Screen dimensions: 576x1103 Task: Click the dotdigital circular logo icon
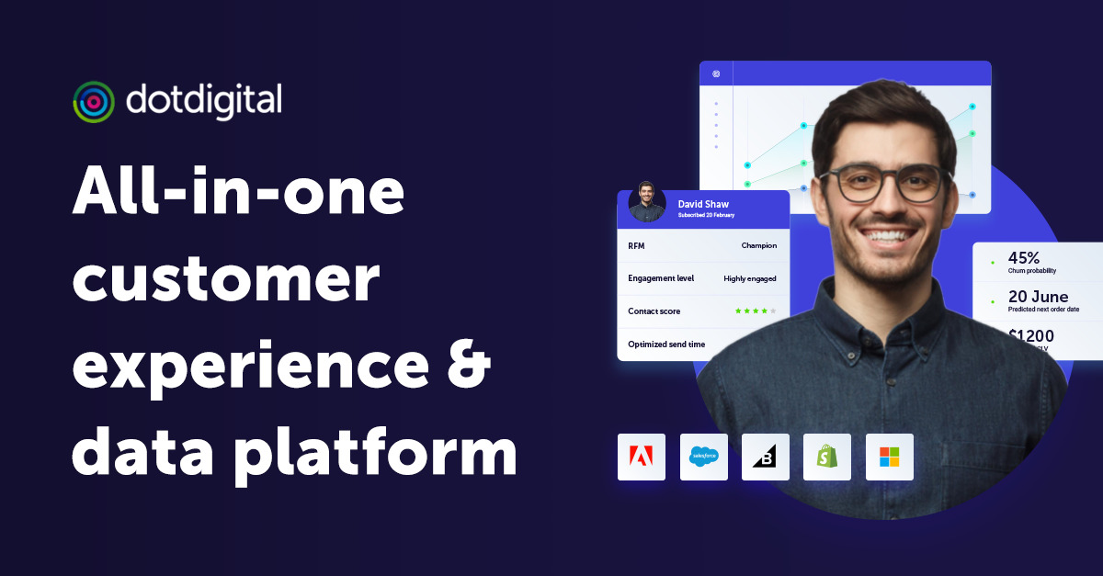[x=94, y=101]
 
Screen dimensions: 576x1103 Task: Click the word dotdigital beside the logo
[x=204, y=99]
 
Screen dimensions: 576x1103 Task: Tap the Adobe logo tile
[x=642, y=457]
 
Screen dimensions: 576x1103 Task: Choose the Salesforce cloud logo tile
[x=704, y=457]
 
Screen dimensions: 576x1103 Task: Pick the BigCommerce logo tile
[x=766, y=457]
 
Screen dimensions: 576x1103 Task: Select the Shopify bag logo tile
[x=827, y=457]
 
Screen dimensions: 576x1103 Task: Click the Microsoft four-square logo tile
[x=890, y=457]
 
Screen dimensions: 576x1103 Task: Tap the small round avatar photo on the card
[x=647, y=203]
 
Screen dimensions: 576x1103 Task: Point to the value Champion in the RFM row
[x=759, y=245]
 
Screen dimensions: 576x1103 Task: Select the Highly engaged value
[x=750, y=278]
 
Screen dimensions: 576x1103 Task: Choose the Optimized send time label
[x=666, y=344]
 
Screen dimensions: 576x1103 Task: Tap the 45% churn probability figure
[x=1024, y=258]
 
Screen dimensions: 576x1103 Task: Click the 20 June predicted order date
[x=1039, y=297]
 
